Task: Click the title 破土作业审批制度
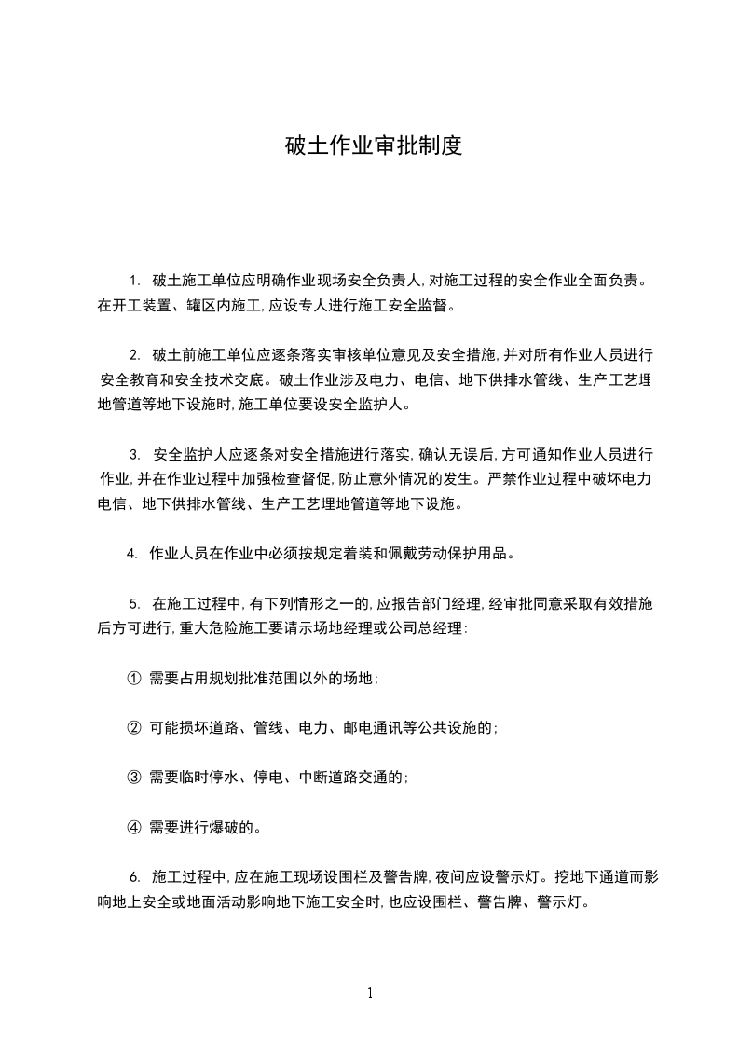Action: tap(373, 146)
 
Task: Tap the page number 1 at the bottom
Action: tap(370, 993)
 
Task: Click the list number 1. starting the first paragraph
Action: tap(134, 280)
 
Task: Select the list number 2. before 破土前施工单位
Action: tap(134, 354)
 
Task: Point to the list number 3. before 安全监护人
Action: tap(134, 455)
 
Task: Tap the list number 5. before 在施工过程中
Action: tap(134, 604)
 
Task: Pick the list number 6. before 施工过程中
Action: tap(134, 877)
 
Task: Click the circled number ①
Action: tap(132, 679)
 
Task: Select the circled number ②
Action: tap(132, 727)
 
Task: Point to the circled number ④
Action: tap(132, 825)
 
